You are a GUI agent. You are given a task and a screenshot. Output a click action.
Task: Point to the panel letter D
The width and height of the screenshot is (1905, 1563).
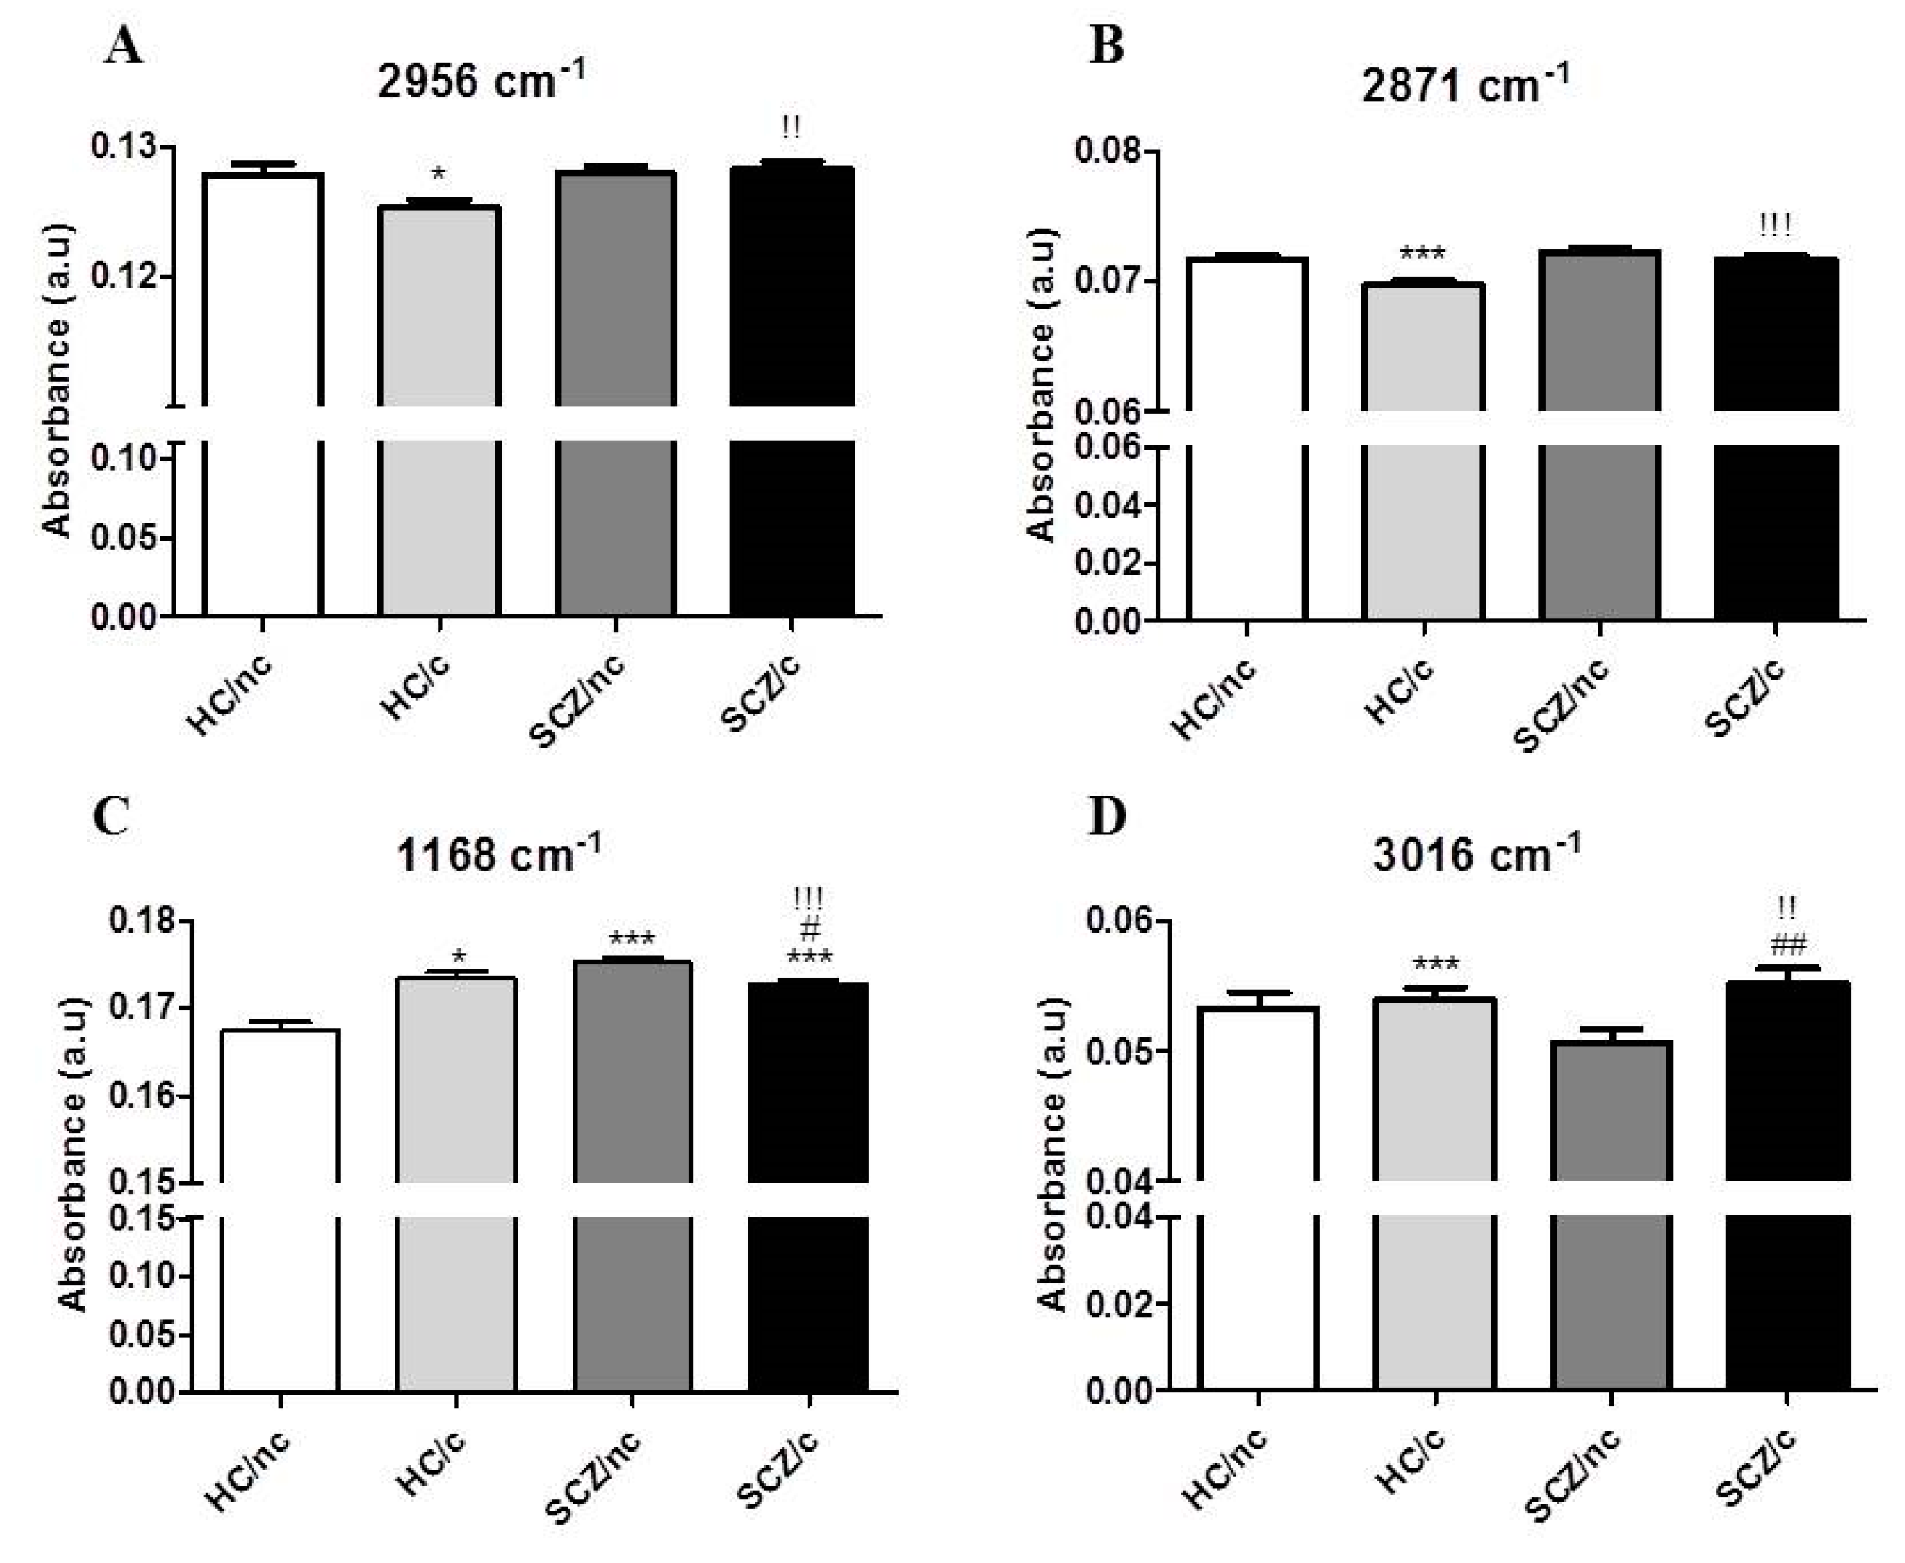[1108, 817]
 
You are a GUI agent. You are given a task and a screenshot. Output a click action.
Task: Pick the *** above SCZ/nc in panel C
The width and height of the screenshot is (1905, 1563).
[632, 940]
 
